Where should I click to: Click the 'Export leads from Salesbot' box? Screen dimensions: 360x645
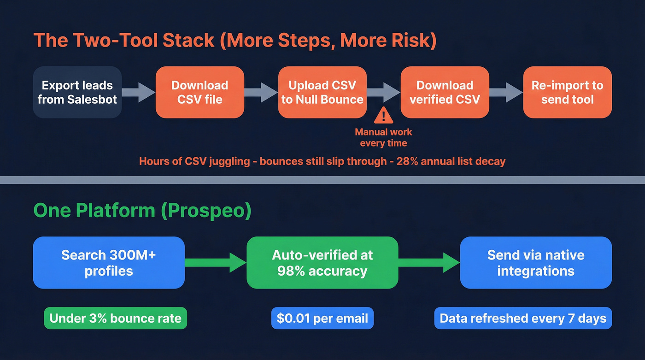77,92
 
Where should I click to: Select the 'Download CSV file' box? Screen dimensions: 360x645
199,92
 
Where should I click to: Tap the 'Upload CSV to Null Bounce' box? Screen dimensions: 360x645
322,92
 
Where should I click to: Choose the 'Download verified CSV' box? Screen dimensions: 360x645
445,92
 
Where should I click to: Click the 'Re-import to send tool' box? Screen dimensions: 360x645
567,92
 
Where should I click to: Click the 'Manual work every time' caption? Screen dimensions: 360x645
383,137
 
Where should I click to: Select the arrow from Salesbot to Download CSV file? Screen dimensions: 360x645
138,92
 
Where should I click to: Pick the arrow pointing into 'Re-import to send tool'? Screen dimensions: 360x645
506,92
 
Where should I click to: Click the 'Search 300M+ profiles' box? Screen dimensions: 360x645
109,263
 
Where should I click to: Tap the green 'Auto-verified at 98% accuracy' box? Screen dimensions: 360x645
322,263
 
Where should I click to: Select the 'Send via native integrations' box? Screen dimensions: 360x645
536,263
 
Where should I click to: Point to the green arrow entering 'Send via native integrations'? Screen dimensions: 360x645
429,263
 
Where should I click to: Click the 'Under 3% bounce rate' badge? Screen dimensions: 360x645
115,319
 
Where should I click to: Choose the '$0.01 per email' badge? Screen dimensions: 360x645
322,319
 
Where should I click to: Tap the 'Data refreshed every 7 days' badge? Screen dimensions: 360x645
523,319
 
